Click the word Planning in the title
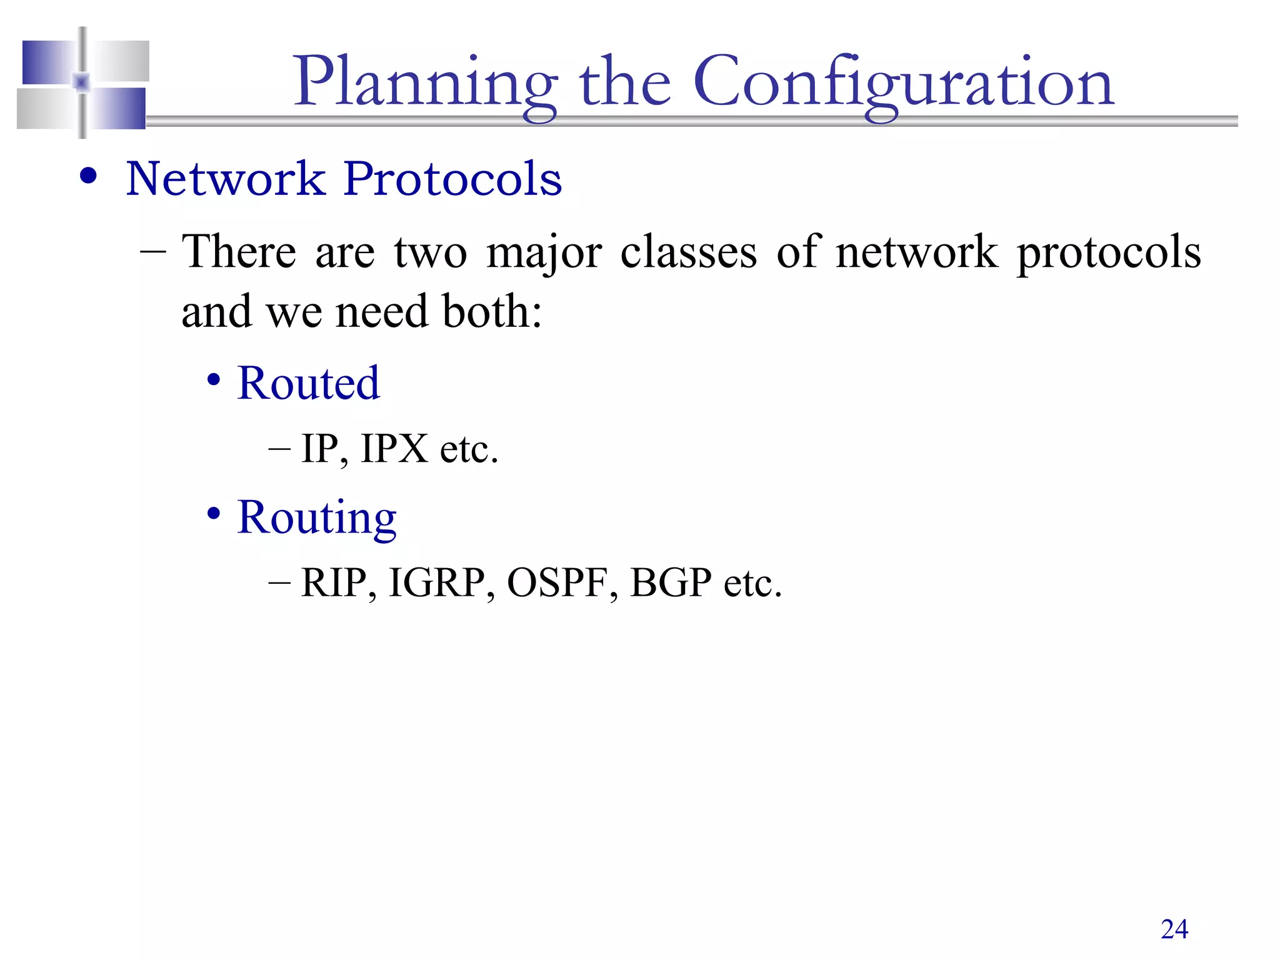[x=425, y=84]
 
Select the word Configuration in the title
[x=903, y=84]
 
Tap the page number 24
[x=1174, y=929]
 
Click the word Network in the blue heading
[x=226, y=179]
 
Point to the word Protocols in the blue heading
[x=452, y=179]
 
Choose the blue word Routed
[x=308, y=383]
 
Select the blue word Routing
[x=317, y=518]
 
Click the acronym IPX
[x=394, y=449]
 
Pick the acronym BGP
[x=671, y=583]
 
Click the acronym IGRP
[x=437, y=583]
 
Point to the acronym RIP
[x=334, y=583]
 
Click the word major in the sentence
[x=544, y=253]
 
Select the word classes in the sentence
[x=688, y=252]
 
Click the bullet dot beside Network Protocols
[x=89, y=176]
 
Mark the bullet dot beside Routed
[x=214, y=379]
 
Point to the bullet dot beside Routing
[x=214, y=514]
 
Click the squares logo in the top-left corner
[x=83, y=83]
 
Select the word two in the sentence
[x=430, y=252]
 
